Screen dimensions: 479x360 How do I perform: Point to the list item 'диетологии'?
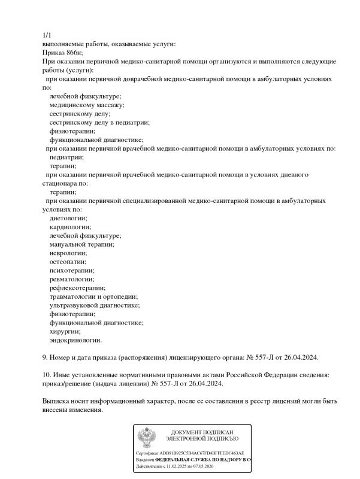point(68,219)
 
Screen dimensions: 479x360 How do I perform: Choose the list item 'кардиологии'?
point(70,227)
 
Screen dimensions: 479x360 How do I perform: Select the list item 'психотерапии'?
point(71,271)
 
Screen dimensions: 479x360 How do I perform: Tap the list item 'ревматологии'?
point(71,279)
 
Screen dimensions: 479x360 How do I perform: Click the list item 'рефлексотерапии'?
point(77,288)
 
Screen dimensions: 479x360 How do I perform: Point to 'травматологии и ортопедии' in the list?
point(93,296)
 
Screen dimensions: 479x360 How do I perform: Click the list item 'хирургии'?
point(65,331)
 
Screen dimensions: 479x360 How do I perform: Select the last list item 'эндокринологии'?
point(75,340)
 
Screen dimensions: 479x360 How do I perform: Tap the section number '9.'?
point(46,357)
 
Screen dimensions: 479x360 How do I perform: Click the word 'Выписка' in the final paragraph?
point(56,401)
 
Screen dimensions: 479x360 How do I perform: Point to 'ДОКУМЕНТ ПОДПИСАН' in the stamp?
point(201,432)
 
